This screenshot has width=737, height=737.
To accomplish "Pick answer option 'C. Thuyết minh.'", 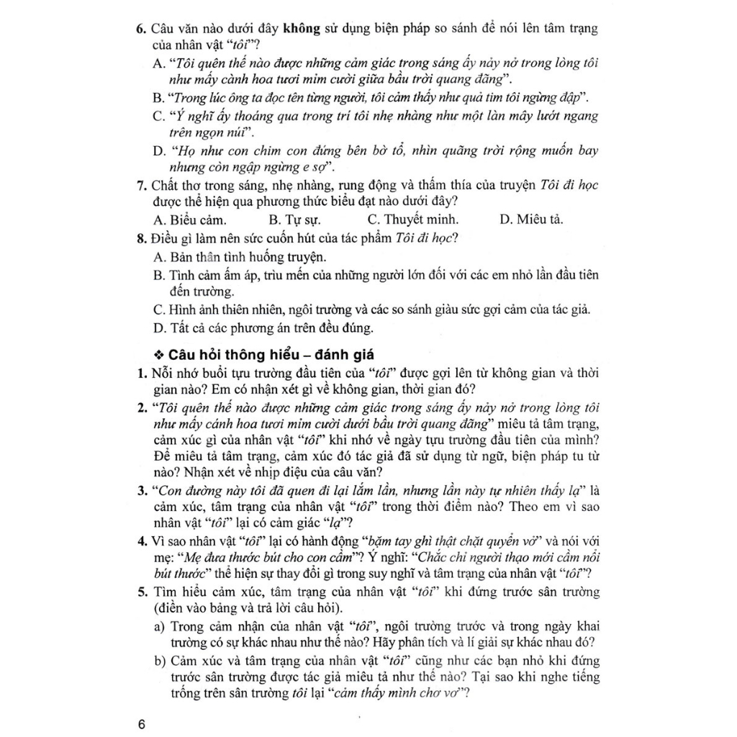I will [412, 220].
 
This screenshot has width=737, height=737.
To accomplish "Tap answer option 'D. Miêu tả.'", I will [531, 220].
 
